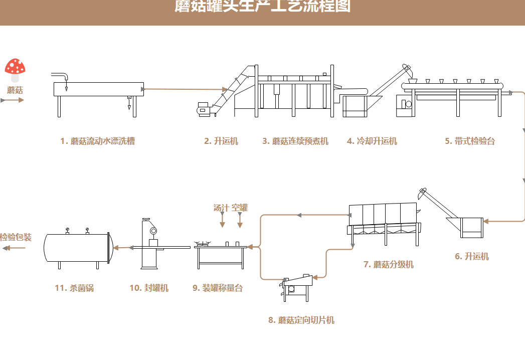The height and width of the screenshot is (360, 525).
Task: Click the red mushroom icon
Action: click(x=15, y=69)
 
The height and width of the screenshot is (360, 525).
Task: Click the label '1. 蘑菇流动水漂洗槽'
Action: click(x=97, y=141)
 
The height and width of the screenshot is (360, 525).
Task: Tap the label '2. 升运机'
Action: click(x=221, y=141)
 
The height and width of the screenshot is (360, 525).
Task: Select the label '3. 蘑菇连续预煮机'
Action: click(x=295, y=141)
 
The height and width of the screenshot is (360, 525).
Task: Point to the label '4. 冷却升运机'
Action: click(x=372, y=141)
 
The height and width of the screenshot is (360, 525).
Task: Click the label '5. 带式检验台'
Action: click(x=470, y=141)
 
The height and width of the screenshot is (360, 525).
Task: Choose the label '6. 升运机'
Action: click(x=472, y=257)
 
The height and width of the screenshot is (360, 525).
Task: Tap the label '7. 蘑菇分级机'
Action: click(x=389, y=264)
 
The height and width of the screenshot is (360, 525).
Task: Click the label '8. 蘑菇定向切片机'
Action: click(x=301, y=320)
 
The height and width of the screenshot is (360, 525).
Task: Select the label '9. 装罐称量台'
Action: click(x=218, y=288)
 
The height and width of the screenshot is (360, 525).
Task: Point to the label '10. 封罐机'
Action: click(x=149, y=288)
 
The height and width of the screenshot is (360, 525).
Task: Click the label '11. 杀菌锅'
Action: click(x=74, y=288)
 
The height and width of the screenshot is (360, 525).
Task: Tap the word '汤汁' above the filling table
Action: click(x=221, y=208)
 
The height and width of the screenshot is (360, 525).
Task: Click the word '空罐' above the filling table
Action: click(x=240, y=208)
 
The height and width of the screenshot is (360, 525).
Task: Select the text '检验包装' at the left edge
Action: click(x=16, y=237)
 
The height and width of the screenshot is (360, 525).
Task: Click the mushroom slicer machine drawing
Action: click(x=298, y=286)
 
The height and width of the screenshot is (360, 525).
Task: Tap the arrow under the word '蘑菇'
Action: click(x=13, y=100)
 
